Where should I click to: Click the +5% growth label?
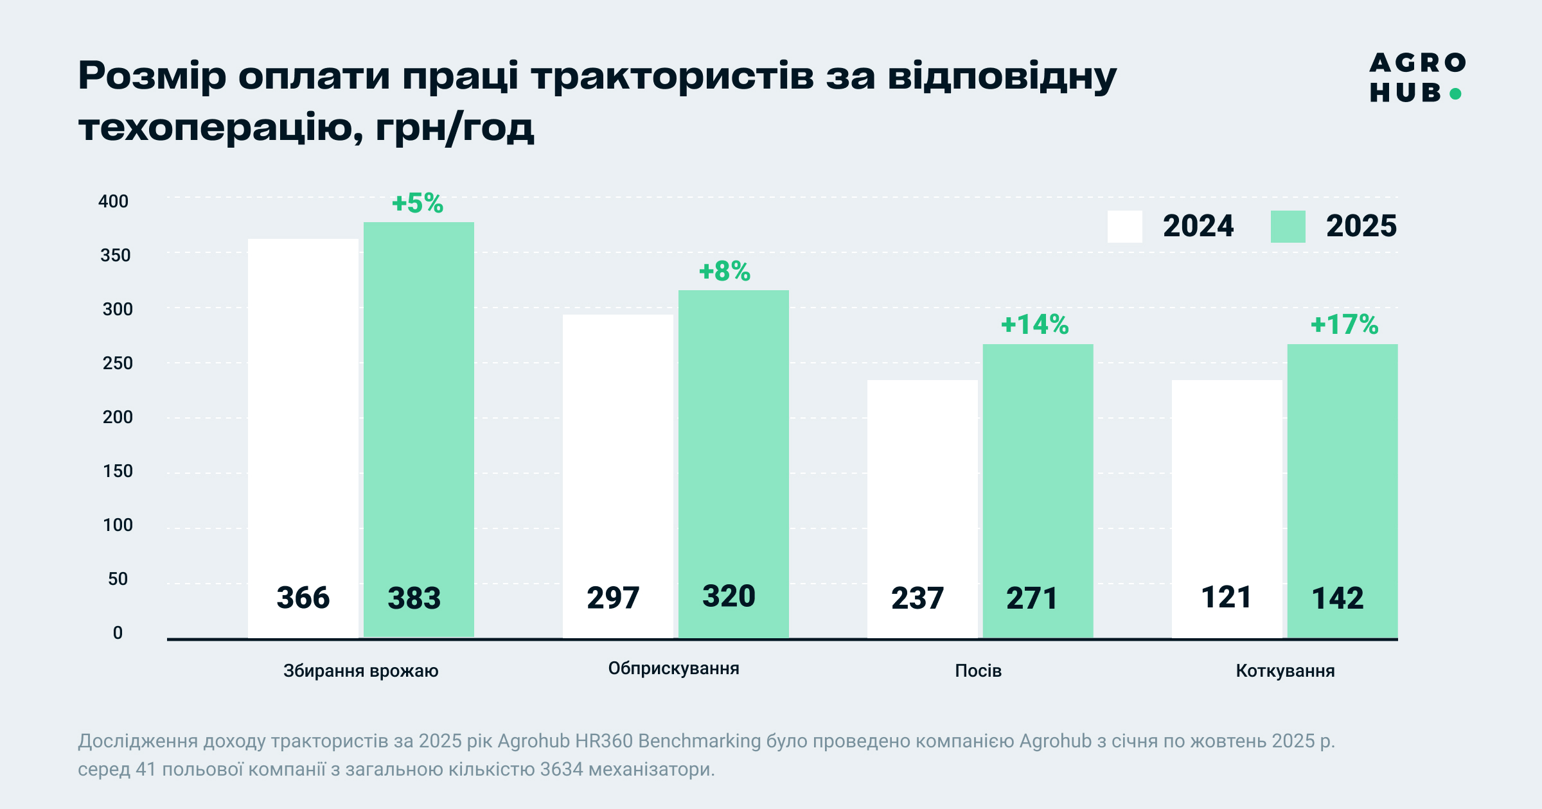tap(418, 204)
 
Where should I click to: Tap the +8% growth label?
tap(725, 272)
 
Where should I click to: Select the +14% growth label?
tap(1035, 325)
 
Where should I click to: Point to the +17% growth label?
tap(1345, 325)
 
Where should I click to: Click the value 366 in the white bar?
tap(303, 598)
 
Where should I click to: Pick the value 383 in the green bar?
tap(414, 598)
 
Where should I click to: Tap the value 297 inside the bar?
tap(613, 598)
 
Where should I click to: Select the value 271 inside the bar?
tap(1032, 598)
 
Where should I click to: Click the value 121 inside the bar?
tap(1227, 597)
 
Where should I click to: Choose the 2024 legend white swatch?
tap(1125, 227)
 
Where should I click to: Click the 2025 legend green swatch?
tap(1288, 227)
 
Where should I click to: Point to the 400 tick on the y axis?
tap(114, 202)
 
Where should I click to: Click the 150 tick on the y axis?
tap(118, 471)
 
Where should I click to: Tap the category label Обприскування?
tap(674, 669)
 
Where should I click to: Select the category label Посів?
tap(979, 671)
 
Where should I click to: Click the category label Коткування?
tap(1286, 671)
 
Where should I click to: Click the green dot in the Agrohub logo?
tap(1456, 94)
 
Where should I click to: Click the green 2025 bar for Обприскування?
tap(734, 464)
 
